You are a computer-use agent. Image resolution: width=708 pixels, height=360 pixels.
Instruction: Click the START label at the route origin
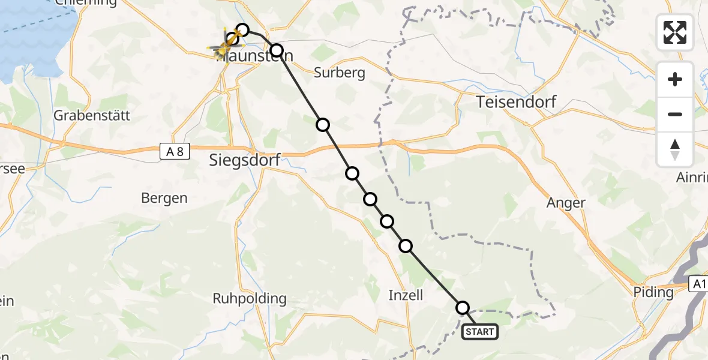tap(480, 332)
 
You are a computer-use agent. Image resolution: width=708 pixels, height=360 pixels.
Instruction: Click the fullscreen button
tap(675, 32)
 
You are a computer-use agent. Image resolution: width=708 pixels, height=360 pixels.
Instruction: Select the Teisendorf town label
tap(516, 102)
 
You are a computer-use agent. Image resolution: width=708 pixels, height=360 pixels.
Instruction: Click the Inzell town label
tap(406, 295)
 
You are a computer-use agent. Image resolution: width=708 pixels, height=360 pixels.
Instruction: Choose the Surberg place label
tap(340, 73)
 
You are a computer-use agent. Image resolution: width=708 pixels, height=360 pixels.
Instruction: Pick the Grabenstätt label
tap(92, 116)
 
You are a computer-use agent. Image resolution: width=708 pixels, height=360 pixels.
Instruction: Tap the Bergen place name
tap(164, 198)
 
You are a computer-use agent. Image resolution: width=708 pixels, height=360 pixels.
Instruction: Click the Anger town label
tap(566, 203)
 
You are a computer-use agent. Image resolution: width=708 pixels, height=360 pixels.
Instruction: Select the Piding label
tap(654, 293)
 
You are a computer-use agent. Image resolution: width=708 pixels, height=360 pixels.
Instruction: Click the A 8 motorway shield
tap(175, 152)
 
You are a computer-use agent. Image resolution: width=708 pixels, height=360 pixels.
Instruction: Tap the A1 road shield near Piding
tap(698, 284)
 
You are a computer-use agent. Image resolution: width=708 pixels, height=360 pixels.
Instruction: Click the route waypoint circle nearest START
tap(463, 308)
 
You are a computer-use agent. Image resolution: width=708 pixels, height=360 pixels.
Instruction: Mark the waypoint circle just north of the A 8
tap(323, 125)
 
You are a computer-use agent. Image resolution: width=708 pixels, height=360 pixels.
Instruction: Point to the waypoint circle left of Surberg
tap(276, 50)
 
